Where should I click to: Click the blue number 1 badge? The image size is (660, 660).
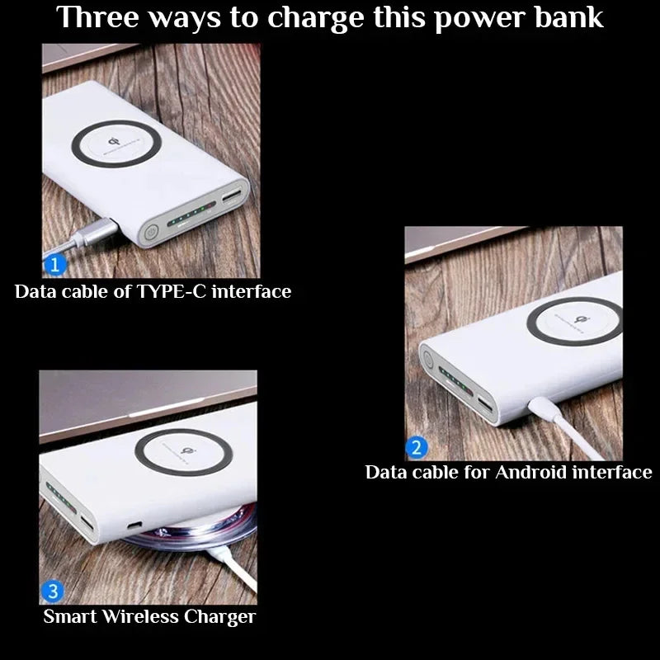(x=54, y=266)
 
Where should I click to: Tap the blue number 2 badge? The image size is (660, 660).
(x=417, y=448)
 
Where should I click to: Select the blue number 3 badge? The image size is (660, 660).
(x=53, y=592)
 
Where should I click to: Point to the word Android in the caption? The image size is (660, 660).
(x=530, y=472)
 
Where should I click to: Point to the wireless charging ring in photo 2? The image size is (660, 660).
(x=575, y=323)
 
